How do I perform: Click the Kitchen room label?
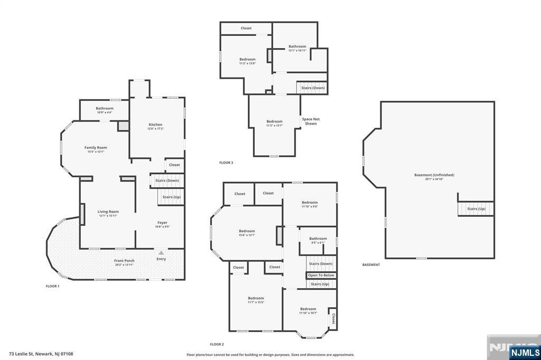tap(155, 125)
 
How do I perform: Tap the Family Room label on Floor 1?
tap(96, 148)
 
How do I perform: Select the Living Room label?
tap(108, 212)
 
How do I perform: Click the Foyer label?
tap(162, 223)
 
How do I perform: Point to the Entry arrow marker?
tap(161, 253)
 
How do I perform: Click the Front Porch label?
tap(125, 261)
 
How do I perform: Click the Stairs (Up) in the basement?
tap(475, 209)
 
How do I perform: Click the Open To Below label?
tap(321, 276)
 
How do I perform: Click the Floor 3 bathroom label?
tap(297, 47)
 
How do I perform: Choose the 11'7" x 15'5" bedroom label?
tap(256, 299)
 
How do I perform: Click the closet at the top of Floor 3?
tap(246, 28)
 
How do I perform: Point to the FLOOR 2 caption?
tap(217, 344)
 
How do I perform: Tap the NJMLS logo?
tap(525, 352)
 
